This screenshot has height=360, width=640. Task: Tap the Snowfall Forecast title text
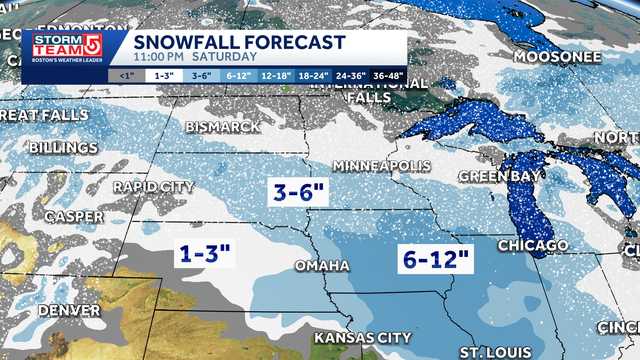point(239,42)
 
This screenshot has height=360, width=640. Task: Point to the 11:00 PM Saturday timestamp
point(180,57)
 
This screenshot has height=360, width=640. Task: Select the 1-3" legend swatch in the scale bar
point(161,74)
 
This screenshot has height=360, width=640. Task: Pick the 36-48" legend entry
point(388,74)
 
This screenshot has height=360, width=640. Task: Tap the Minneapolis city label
point(380,165)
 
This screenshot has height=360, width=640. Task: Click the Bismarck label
point(223,128)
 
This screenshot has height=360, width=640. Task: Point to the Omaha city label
point(322,266)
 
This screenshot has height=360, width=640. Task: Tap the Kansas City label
point(362,339)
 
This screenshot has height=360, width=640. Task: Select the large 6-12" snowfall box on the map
point(435,257)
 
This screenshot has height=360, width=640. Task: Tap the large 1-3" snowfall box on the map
point(206,254)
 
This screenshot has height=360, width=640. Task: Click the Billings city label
point(63,148)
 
